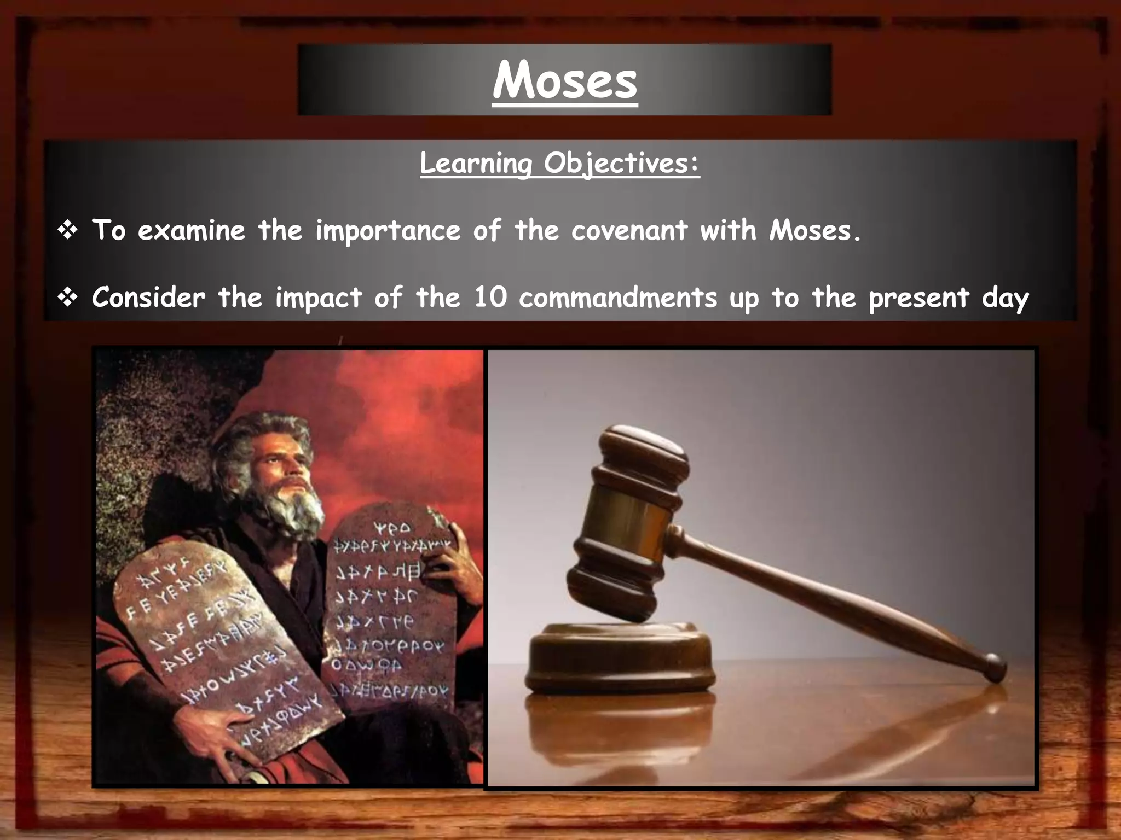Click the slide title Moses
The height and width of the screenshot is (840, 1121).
[x=564, y=81]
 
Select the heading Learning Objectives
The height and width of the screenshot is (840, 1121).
[x=559, y=163]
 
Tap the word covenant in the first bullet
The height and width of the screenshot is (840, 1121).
[x=629, y=230]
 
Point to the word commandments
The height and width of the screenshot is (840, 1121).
[x=617, y=298]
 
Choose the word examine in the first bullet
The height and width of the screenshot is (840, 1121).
[x=191, y=230]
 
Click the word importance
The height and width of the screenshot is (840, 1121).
[x=388, y=231]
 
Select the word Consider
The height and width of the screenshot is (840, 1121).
[x=148, y=298]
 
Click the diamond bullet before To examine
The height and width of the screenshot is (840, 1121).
[x=67, y=231]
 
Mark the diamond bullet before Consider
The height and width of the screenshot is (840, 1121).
[x=67, y=299]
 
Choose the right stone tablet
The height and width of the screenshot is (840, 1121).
[x=391, y=602]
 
